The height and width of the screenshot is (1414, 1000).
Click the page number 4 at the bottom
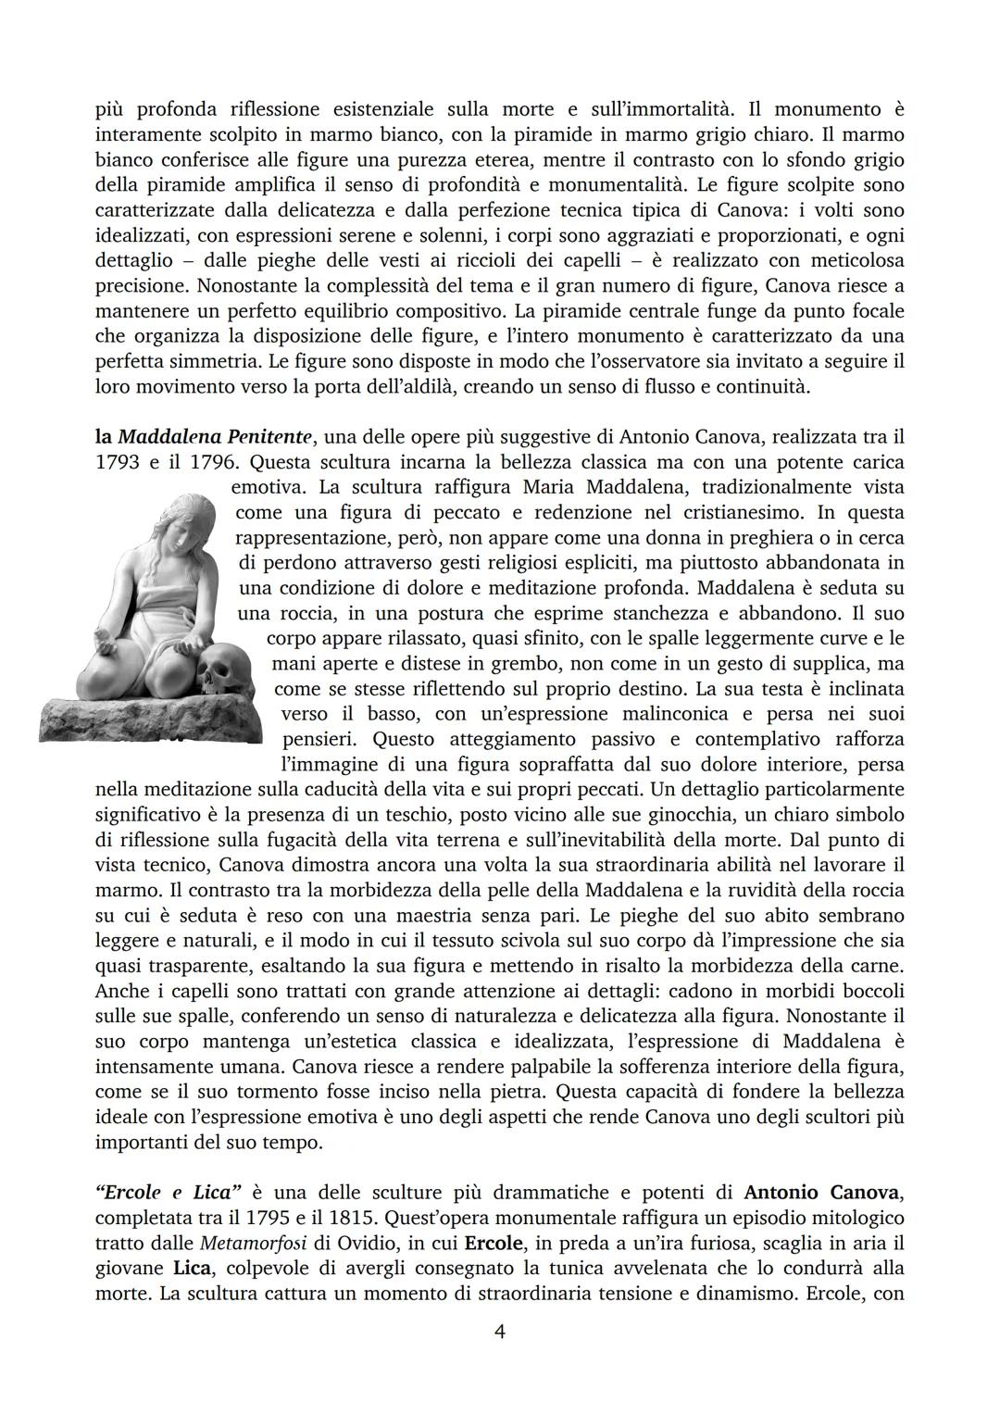(x=499, y=1333)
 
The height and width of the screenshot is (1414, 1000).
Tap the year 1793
(x=117, y=461)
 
